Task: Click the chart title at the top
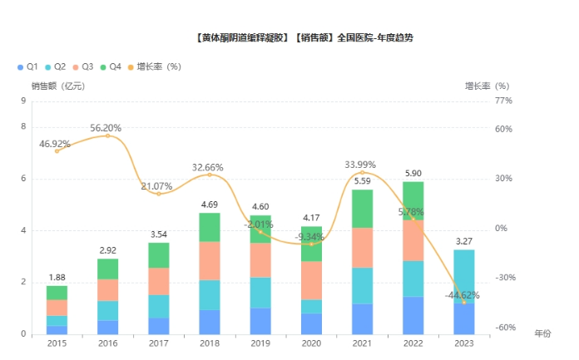[x=303, y=38]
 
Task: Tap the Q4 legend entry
[x=110, y=66]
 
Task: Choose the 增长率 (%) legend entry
[x=158, y=66]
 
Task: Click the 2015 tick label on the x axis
[x=57, y=343]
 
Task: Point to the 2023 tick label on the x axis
[x=464, y=343]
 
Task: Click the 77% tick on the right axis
[x=502, y=101]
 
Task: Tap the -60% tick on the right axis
[x=504, y=328]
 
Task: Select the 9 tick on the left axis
[x=23, y=101]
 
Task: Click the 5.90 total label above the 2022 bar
[x=413, y=173]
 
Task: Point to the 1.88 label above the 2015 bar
[x=57, y=278]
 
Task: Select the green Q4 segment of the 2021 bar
[x=362, y=209]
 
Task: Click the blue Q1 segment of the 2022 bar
[x=413, y=315]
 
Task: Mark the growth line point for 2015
[x=57, y=150]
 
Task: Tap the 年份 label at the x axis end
[x=542, y=333]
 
